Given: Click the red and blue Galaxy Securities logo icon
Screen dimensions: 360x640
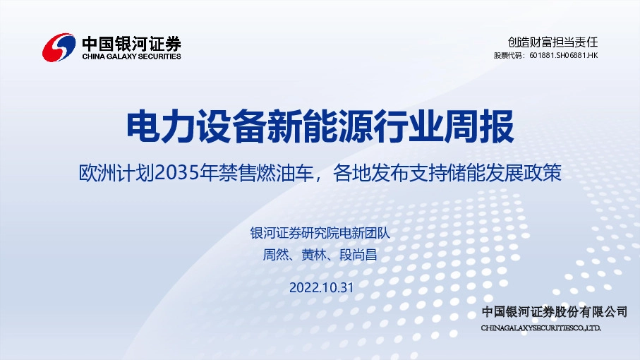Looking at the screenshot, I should (59, 48).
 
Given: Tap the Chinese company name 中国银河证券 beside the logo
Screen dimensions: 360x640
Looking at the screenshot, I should (131, 42).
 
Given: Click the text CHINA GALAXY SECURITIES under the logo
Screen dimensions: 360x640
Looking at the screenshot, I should (131, 56).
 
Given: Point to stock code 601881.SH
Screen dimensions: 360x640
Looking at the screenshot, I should (547, 55).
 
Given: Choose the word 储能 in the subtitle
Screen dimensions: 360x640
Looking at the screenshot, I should (464, 173).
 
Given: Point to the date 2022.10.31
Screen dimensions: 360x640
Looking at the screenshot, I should (320, 287).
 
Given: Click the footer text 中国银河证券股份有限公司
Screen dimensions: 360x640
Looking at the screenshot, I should (554, 312).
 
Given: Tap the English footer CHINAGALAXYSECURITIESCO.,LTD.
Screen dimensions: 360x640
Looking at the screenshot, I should (541, 328).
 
